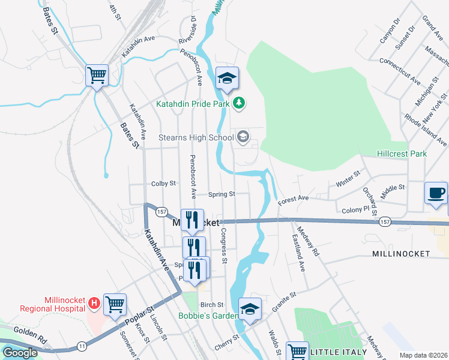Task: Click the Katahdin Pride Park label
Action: [193, 103]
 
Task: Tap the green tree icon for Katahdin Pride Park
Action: [240, 103]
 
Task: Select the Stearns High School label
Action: [196, 137]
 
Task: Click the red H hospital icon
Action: [94, 304]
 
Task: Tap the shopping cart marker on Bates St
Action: [97, 76]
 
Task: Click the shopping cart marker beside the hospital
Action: [115, 304]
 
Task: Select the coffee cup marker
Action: [436, 193]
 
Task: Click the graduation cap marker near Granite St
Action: [250, 309]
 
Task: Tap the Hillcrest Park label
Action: [402, 154]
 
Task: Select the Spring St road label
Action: [221, 194]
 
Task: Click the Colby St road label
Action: [163, 183]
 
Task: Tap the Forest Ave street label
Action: [293, 197]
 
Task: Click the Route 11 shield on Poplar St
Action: [82, 346]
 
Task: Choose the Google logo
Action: [20, 353]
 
